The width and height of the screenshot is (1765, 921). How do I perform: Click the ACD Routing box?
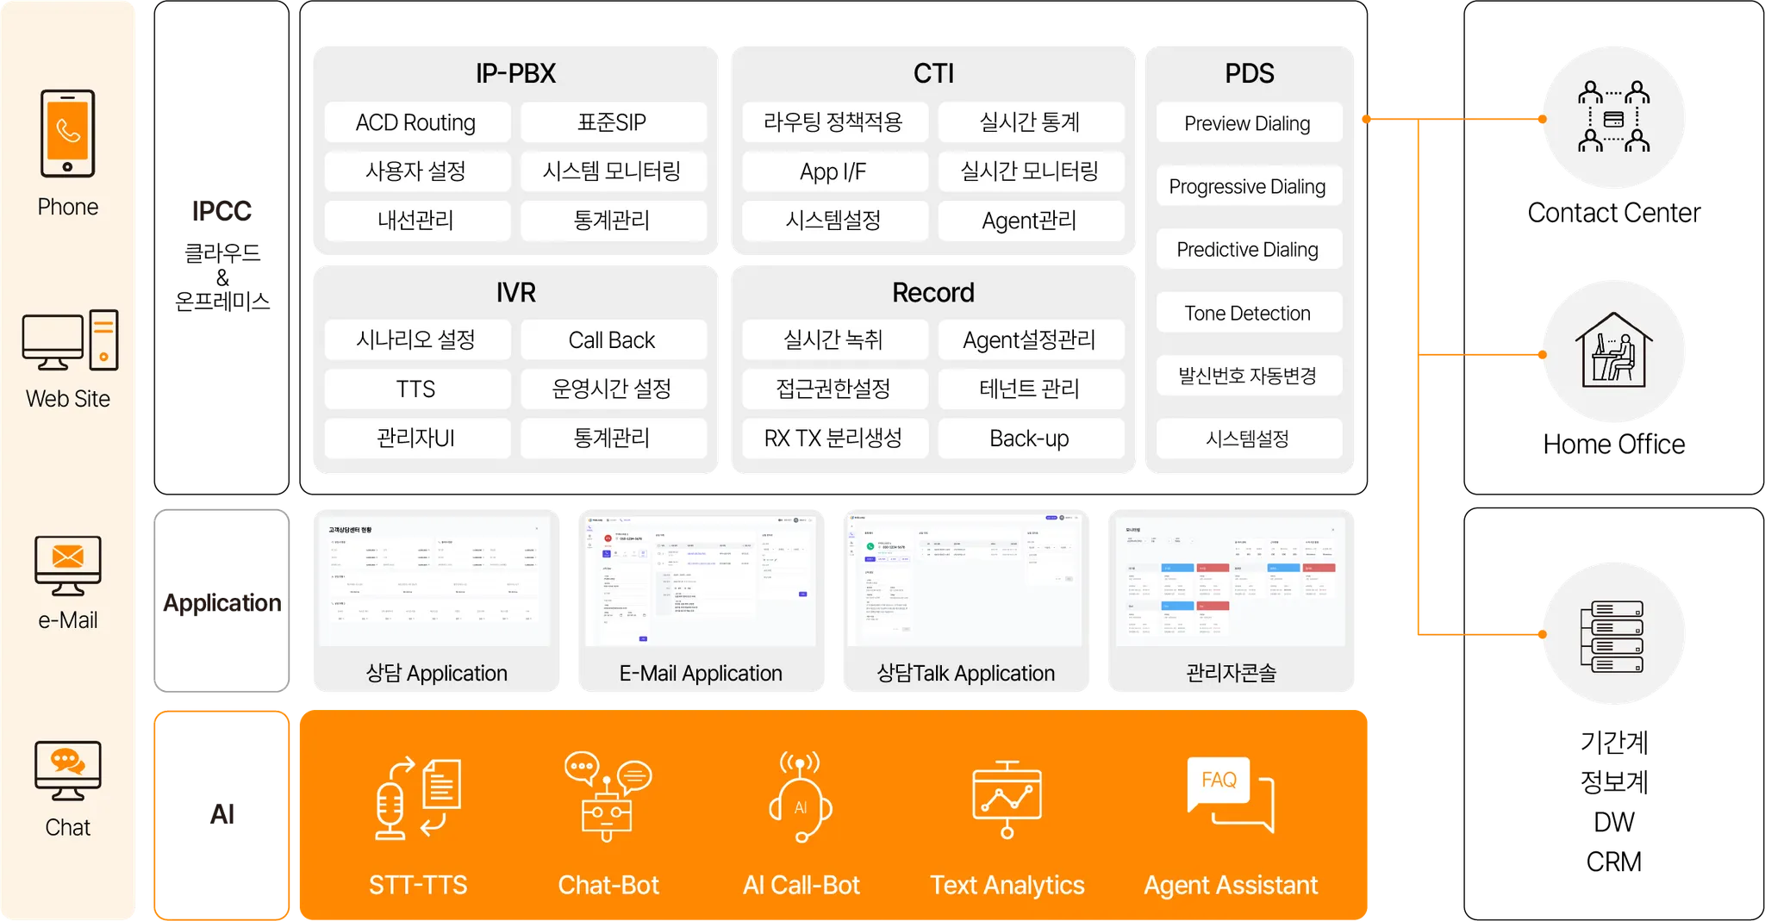(x=416, y=122)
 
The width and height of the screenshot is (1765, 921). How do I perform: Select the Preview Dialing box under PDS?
(x=1247, y=123)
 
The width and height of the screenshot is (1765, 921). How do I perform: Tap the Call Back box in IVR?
(x=612, y=340)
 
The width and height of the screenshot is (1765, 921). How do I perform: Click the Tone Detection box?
(x=1247, y=313)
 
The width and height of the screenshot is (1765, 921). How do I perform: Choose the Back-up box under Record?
(x=1029, y=439)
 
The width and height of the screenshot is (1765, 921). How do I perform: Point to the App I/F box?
(x=833, y=171)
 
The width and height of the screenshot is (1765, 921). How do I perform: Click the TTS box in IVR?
(x=416, y=389)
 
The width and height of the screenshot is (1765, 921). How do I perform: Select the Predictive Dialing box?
(x=1247, y=250)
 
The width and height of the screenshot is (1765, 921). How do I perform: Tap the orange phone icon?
(x=67, y=134)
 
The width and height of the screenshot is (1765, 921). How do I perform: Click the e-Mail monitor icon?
(x=67, y=564)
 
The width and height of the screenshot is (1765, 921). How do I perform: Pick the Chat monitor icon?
(x=67, y=769)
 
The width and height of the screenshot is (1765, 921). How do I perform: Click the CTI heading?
(x=933, y=73)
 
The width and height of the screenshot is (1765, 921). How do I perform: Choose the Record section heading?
(x=933, y=293)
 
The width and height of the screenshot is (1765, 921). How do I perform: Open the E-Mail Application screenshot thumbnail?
(x=701, y=582)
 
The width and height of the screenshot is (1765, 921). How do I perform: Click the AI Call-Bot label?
(x=801, y=885)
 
